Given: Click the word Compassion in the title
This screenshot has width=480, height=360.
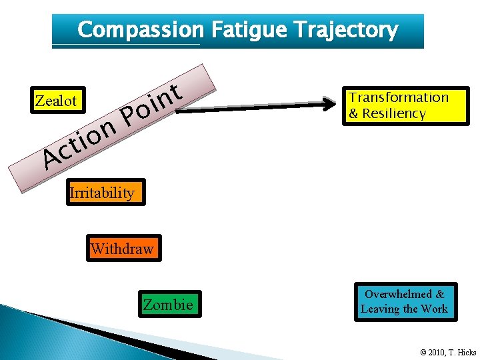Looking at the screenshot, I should tap(140, 30).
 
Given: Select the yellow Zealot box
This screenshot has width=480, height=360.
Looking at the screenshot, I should tap(57, 101).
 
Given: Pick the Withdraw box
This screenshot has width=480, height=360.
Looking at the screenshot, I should tap(123, 249).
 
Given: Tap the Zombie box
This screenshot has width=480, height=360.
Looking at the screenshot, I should tap(169, 305).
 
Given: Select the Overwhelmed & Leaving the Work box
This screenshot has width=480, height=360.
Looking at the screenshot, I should tap(405, 301).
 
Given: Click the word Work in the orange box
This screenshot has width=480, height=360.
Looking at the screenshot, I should tap(435, 309).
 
